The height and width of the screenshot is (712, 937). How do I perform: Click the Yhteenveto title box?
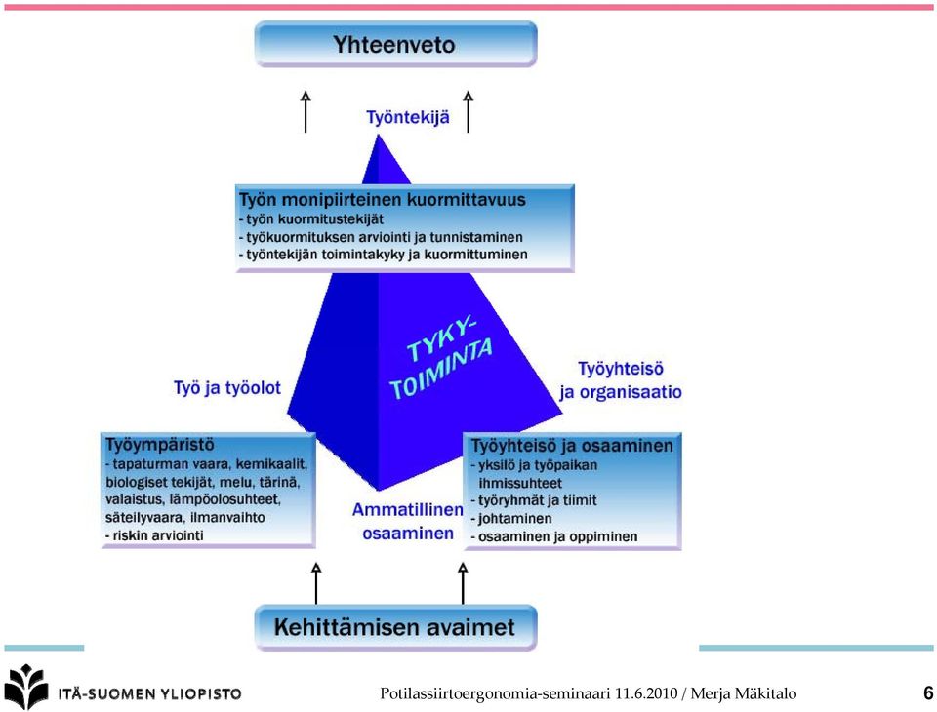pos(395,44)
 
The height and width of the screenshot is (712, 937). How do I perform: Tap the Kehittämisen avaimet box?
pos(395,627)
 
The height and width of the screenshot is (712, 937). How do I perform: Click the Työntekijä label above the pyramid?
pos(408,117)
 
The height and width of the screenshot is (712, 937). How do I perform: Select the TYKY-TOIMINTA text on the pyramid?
pos(441,359)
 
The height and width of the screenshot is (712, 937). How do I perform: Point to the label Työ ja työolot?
pos(227,388)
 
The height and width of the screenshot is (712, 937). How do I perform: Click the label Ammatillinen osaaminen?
pos(408,522)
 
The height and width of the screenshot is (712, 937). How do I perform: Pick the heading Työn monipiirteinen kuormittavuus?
pos(383,200)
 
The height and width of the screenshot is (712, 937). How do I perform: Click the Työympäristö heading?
pos(159,445)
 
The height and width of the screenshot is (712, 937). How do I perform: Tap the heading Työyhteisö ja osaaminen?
pos(572,446)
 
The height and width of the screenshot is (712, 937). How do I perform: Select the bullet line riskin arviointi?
pos(154,535)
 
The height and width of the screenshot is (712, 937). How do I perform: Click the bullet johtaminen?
pos(510,519)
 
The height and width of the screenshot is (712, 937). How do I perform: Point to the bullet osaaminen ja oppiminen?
pos(554,536)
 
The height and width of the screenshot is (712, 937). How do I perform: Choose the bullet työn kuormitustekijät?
pos(310,219)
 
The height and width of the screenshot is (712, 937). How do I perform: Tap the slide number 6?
pos(928,692)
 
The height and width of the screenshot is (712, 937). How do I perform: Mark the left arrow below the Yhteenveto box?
pos(306,112)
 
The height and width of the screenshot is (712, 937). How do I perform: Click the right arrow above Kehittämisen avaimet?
pos(463,583)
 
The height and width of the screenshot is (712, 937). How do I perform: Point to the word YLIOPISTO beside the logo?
pos(201,694)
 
